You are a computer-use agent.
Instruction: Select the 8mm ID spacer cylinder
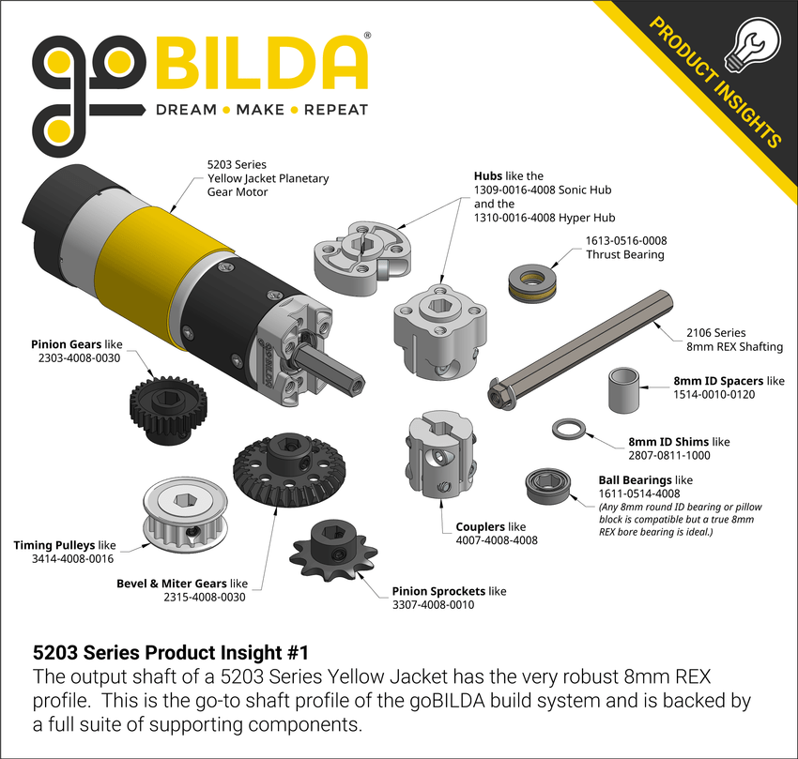pyautogui.click(x=621, y=390)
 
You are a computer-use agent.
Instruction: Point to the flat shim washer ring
pyautogui.click(x=569, y=430)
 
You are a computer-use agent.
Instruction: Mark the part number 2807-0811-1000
pyautogui.click(x=668, y=455)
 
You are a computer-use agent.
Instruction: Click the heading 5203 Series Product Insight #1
pyautogui.click(x=170, y=650)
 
